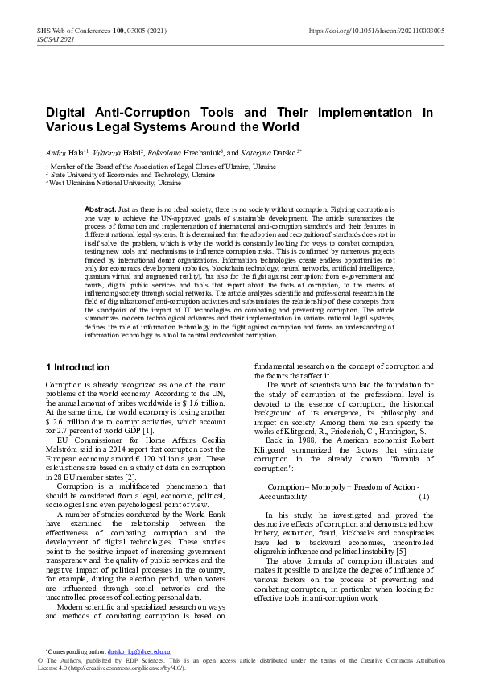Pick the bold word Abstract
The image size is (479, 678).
click(100, 209)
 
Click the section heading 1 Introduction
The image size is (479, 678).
click(77, 367)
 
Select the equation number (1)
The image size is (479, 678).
click(424, 498)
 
